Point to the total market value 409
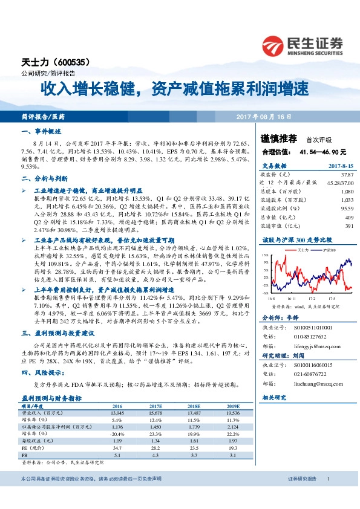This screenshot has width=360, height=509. pyautogui.click(x=349, y=217)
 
